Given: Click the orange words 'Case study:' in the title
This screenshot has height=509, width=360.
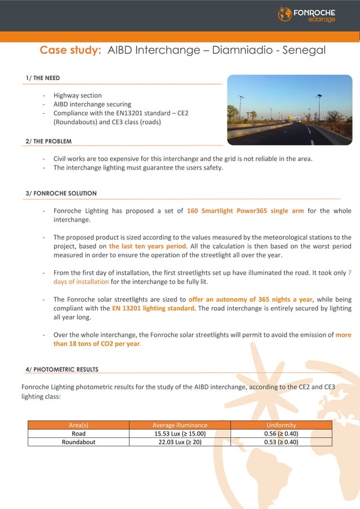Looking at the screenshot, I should (x=71, y=50).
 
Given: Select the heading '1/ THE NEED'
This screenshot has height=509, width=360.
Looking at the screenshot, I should (x=42, y=78).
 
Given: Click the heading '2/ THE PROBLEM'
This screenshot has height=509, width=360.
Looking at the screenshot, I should (x=49, y=141).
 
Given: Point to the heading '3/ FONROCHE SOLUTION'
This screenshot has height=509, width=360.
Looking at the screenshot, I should (x=61, y=193).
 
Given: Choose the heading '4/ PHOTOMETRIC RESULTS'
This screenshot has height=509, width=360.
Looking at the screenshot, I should (x=62, y=370).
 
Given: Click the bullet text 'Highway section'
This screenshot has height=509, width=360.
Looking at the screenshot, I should (x=77, y=95).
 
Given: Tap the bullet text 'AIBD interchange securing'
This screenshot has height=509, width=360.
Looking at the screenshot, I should (x=92, y=104).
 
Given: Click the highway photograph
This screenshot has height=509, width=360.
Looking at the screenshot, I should (x=289, y=109).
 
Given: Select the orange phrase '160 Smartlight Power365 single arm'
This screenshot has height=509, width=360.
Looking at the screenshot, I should (x=245, y=211).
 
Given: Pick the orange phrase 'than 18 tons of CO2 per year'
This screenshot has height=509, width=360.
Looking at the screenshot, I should (x=96, y=344).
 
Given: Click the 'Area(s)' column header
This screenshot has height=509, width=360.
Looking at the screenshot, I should (x=78, y=425).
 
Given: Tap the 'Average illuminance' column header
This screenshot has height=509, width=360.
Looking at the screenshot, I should (x=180, y=425).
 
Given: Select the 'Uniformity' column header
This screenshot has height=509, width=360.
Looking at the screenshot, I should (x=281, y=425).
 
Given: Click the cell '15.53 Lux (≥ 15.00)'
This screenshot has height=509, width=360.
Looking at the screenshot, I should (x=180, y=433).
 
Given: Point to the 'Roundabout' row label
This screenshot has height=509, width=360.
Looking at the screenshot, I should (x=78, y=442).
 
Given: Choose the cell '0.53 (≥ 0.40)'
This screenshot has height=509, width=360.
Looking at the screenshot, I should (x=281, y=442).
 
